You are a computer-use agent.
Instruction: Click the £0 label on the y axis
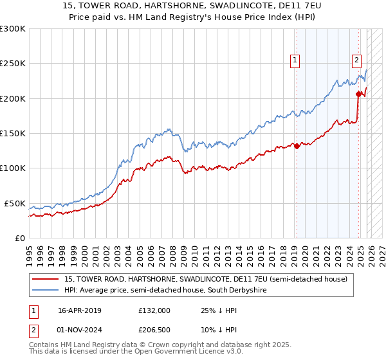click(19, 238)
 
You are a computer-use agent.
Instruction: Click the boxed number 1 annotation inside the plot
click(295, 60)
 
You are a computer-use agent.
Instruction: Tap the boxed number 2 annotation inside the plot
click(356, 60)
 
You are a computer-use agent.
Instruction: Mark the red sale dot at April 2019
click(297, 146)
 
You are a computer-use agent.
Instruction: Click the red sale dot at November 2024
click(358, 94)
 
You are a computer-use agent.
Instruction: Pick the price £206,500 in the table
click(154, 330)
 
